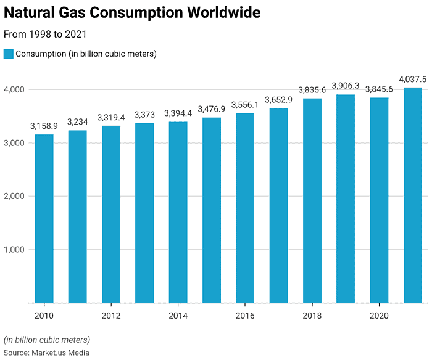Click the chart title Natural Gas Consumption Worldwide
[131, 13]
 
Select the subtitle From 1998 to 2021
[45, 35]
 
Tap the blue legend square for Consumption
[8, 54]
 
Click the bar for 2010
[44, 219]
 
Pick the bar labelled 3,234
[77, 216]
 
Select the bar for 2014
[178, 212]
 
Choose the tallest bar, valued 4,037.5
[412, 195]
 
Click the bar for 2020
[379, 200]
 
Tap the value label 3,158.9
[44, 126]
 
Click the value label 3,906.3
[346, 86]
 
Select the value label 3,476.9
[211, 109]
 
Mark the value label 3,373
[144, 115]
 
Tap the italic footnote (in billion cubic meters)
[46, 340]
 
